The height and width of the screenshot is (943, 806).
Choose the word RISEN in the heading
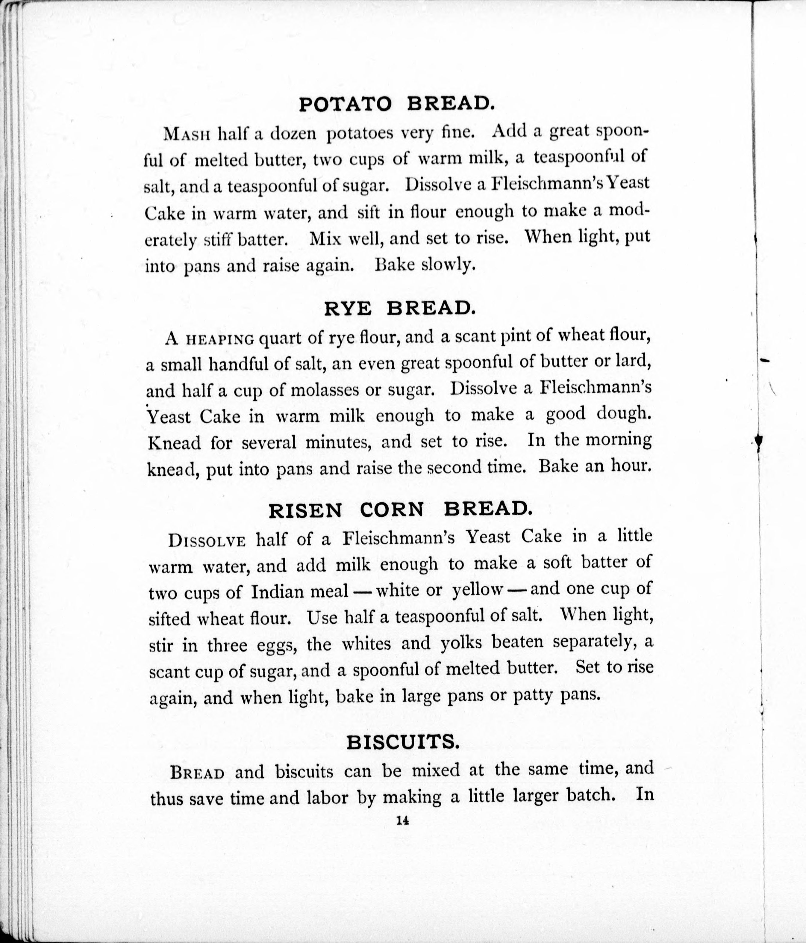305,511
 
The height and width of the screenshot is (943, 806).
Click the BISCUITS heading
402,743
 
